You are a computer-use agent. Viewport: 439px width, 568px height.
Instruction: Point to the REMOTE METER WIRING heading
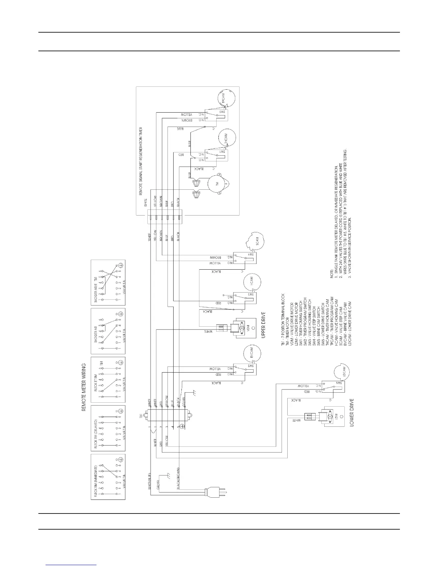click(84, 387)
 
